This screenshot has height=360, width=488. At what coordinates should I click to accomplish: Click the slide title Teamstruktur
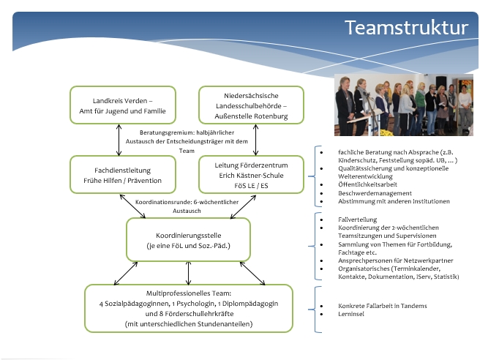(406, 28)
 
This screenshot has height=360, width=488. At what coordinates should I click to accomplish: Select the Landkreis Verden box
(123, 105)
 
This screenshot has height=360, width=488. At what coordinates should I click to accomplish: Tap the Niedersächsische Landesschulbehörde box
(251, 105)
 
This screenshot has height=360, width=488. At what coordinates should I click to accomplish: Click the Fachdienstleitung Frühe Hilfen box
(123, 175)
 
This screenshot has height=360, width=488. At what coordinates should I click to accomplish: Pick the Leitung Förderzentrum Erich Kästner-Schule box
(251, 175)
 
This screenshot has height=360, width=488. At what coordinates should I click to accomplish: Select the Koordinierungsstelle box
(188, 239)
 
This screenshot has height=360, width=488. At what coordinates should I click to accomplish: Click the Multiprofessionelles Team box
(189, 308)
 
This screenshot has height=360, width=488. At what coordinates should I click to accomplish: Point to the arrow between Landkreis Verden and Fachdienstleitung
(119, 140)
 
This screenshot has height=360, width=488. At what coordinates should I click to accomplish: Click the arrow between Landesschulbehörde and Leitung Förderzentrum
(255, 140)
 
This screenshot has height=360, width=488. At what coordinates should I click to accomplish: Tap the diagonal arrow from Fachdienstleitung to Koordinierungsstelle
(132, 206)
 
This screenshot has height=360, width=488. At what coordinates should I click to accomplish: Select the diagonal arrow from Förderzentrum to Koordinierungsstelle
(243, 207)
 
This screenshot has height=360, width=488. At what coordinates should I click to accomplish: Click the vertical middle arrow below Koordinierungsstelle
(188, 273)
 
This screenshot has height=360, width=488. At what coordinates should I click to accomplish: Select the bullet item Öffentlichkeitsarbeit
(367, 184)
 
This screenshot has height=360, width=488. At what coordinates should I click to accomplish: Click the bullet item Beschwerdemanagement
(375, 193)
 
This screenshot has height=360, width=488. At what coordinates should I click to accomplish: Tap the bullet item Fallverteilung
(357, 220)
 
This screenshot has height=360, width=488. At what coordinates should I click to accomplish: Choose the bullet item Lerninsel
(351, 314)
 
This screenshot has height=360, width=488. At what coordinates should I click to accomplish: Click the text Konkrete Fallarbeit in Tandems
(383, 306)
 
